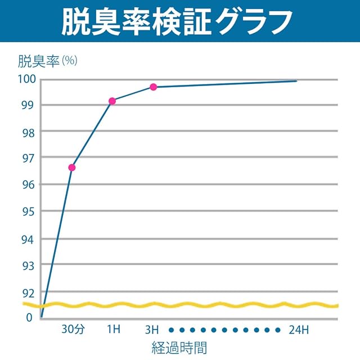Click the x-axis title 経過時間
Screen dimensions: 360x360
179,347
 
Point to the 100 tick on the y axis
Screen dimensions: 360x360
26,79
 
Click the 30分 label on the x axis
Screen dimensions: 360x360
73,330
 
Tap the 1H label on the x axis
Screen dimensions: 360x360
113,330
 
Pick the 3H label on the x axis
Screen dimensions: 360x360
152,330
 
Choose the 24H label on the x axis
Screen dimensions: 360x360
298,330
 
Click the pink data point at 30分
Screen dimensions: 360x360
72,167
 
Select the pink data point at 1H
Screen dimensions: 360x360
112,101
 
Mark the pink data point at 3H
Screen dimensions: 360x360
153,87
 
